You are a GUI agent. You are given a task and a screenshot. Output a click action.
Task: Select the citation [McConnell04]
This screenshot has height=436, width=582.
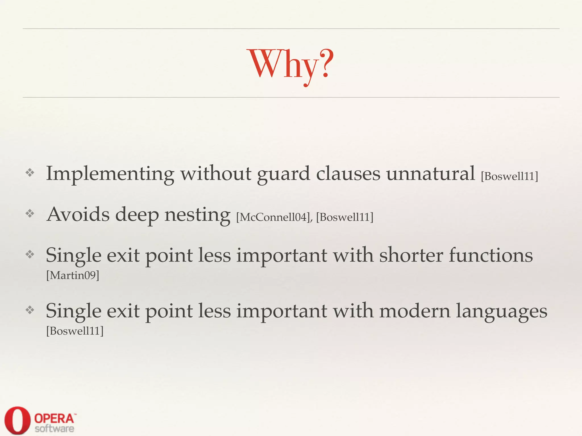pyautogui.click(x=273, y=217)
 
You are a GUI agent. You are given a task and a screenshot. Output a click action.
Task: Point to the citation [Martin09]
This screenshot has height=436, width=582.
pyautogui.click(x=73, y=275)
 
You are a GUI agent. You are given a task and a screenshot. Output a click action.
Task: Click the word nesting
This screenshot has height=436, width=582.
pyautogui.click(x=197, y=215)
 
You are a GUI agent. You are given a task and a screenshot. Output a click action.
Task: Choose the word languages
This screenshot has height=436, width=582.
pyautogui.click(x=502, y=311)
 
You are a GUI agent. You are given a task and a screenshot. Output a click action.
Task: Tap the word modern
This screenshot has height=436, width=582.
pyautogui.click(x=415, y=311)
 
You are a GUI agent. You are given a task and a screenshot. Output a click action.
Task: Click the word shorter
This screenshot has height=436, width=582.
pyautogui.click(x=411, y=255)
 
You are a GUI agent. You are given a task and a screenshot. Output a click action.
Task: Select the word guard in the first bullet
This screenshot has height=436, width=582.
pyautogui.click(x=283, y=174)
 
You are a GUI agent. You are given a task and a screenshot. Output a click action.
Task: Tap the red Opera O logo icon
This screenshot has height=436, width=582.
pyautogui.click(x=17, y=420)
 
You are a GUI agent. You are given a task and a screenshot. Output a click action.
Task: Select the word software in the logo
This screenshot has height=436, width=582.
pyautogui.click(x=55, y=429)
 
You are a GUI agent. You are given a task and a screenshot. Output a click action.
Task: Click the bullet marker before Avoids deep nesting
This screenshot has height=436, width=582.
pyautogui.click(x=30, y=213)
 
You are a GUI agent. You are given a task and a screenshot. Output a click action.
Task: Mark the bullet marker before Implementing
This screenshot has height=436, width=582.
pyautogui.click(x=30, y=172)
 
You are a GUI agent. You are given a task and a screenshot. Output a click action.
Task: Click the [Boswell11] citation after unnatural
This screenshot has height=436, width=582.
pyautogui.click(x=510, y=176)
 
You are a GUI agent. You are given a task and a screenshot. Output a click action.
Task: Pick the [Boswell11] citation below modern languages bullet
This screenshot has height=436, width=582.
pyautogui.click(x=75, y=331)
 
